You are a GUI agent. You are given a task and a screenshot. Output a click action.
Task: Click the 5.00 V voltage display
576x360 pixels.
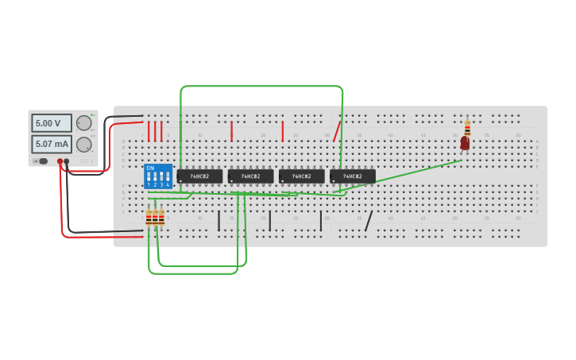tap(51, 123)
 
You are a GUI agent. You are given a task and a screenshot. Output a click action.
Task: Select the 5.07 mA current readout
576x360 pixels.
tap(51, 144)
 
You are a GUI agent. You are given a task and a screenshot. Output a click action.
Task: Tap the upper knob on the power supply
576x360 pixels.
tap(83, 123)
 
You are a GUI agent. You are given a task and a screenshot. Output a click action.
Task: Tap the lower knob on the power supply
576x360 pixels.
tap(83, 144)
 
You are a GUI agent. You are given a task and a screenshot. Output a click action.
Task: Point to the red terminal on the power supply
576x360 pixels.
tap(60, 161)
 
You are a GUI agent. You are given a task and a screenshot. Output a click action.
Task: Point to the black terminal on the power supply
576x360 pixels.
tap(67, 161)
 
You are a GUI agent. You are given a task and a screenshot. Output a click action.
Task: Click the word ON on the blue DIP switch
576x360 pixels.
tap(150, 168)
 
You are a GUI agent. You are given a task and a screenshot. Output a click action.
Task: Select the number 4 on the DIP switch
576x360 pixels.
tap(168, 184)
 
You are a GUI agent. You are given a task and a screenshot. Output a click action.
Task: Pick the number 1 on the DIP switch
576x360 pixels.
tap(149, 184)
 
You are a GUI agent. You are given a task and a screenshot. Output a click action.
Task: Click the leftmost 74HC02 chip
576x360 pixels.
tap(199, 176)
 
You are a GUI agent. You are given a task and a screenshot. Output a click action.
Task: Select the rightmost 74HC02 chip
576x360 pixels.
tap(353, 176)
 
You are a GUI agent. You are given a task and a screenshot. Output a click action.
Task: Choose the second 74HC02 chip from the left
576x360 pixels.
tap(250, 176)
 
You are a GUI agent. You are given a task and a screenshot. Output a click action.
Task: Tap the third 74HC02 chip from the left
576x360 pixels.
tap(301, 176)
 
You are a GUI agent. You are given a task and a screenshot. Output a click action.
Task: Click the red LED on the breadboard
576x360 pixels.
tap(465, 144)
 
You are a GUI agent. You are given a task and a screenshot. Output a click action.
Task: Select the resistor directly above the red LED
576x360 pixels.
tap(467, 127)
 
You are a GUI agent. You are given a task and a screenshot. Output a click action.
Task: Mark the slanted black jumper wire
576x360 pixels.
tap(369, 221)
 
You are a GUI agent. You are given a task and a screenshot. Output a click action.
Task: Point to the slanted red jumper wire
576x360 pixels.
tap(337, 131)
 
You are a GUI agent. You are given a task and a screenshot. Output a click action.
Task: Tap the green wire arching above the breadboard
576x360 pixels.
tap(262, 86)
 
